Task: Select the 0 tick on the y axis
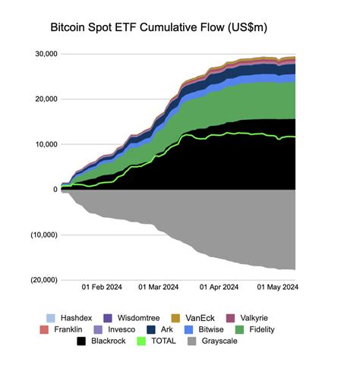point(55,189)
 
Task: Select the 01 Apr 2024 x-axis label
point(219,288)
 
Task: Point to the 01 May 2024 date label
point(275,288)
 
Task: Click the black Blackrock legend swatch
point(82,342)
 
